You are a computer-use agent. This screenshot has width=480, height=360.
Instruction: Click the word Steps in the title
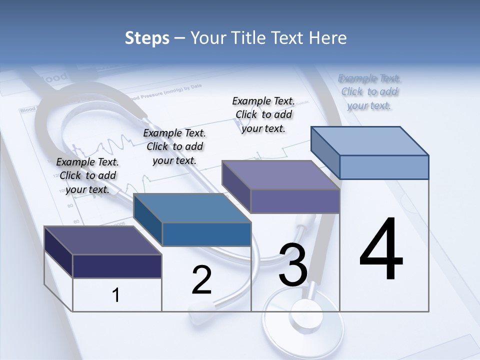[x=147, y=38]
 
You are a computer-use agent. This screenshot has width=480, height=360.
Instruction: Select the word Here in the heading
[x=327, y=38]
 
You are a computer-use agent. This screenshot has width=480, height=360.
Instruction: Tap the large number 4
[x=381, y=249]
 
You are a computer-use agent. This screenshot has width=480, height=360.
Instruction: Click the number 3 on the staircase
[x=293, y=265]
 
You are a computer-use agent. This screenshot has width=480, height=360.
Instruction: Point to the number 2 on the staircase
[x=201, y=280]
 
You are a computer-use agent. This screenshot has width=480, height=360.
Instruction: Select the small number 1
[x=115, y=295]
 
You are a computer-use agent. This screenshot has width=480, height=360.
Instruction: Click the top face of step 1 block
[x=102, y=240]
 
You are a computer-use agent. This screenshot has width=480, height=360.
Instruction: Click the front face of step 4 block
[x=384, y=167]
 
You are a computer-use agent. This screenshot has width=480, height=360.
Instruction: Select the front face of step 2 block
[x=206, y=234]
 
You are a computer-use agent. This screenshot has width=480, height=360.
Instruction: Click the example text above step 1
[x=87, y=175]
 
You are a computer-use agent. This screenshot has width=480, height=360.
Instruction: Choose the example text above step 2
[x=174, y=146]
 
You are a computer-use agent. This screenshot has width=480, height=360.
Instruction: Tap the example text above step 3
[x=263, y=114]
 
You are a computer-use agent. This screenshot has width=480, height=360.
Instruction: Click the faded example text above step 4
[x=369, y=91]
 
